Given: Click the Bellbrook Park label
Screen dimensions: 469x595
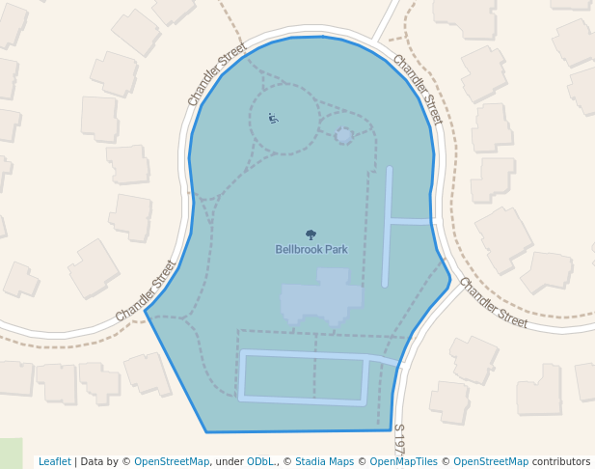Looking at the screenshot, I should (311, 249).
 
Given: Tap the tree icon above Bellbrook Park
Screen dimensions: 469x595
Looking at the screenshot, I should (311, 234).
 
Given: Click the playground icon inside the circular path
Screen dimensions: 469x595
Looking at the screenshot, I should (273, 119).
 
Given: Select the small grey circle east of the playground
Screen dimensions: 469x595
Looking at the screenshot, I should (344, 136).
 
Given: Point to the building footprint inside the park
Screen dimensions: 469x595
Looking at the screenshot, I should (320, 298).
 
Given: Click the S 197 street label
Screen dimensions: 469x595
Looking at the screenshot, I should (398, 439).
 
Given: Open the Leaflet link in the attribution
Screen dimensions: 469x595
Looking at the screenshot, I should (54, 461).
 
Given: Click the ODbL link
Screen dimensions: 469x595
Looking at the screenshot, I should (260, 461).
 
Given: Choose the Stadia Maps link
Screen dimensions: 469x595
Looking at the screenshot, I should (324, 461).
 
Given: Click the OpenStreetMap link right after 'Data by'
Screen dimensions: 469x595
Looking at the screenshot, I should (172, 461).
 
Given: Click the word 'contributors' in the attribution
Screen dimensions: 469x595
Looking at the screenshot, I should (561, 461).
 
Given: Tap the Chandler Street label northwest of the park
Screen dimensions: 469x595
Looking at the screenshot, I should (217, 73).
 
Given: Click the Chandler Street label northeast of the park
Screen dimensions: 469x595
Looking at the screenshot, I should (418, 89).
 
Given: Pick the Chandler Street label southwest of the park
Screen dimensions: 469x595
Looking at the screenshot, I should (146, 291).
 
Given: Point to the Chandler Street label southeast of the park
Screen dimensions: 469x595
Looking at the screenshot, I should (493, 303).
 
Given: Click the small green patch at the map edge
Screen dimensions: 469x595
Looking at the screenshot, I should (10, 453).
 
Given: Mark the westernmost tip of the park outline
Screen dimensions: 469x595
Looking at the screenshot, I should (146, 312).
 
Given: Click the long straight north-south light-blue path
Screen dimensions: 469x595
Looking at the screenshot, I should (387, 227).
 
